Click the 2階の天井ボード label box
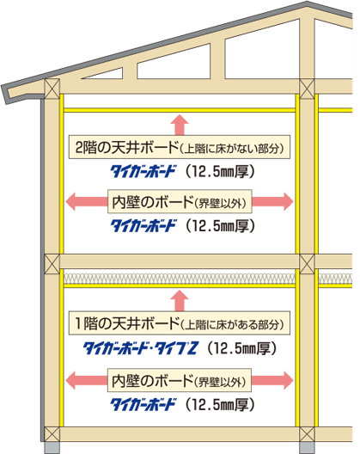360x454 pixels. click(180, 147)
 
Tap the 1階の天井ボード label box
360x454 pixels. click(180, 323)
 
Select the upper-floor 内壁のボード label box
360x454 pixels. click(180, 201)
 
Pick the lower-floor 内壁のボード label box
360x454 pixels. click(180, 380)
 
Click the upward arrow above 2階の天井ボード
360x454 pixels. click(180, 125)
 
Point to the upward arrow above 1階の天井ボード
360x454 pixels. click(180, 301)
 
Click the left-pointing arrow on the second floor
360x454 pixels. click(87, 201)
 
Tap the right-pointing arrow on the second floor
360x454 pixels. click(272, 201)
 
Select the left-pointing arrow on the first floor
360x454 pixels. click(87, 380)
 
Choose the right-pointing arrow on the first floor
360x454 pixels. click(272, 380)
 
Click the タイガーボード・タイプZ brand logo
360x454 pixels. click(141, 348)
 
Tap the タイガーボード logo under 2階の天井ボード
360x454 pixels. click(143, 171)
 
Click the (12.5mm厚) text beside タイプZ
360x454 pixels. click(242, 348)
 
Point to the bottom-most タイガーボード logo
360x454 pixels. click(143, 404)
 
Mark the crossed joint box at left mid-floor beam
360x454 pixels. click(52, 263)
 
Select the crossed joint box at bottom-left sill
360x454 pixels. click(52, 434)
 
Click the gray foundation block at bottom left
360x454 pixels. click(52, 448)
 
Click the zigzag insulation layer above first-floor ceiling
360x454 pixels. click(180, 279)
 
